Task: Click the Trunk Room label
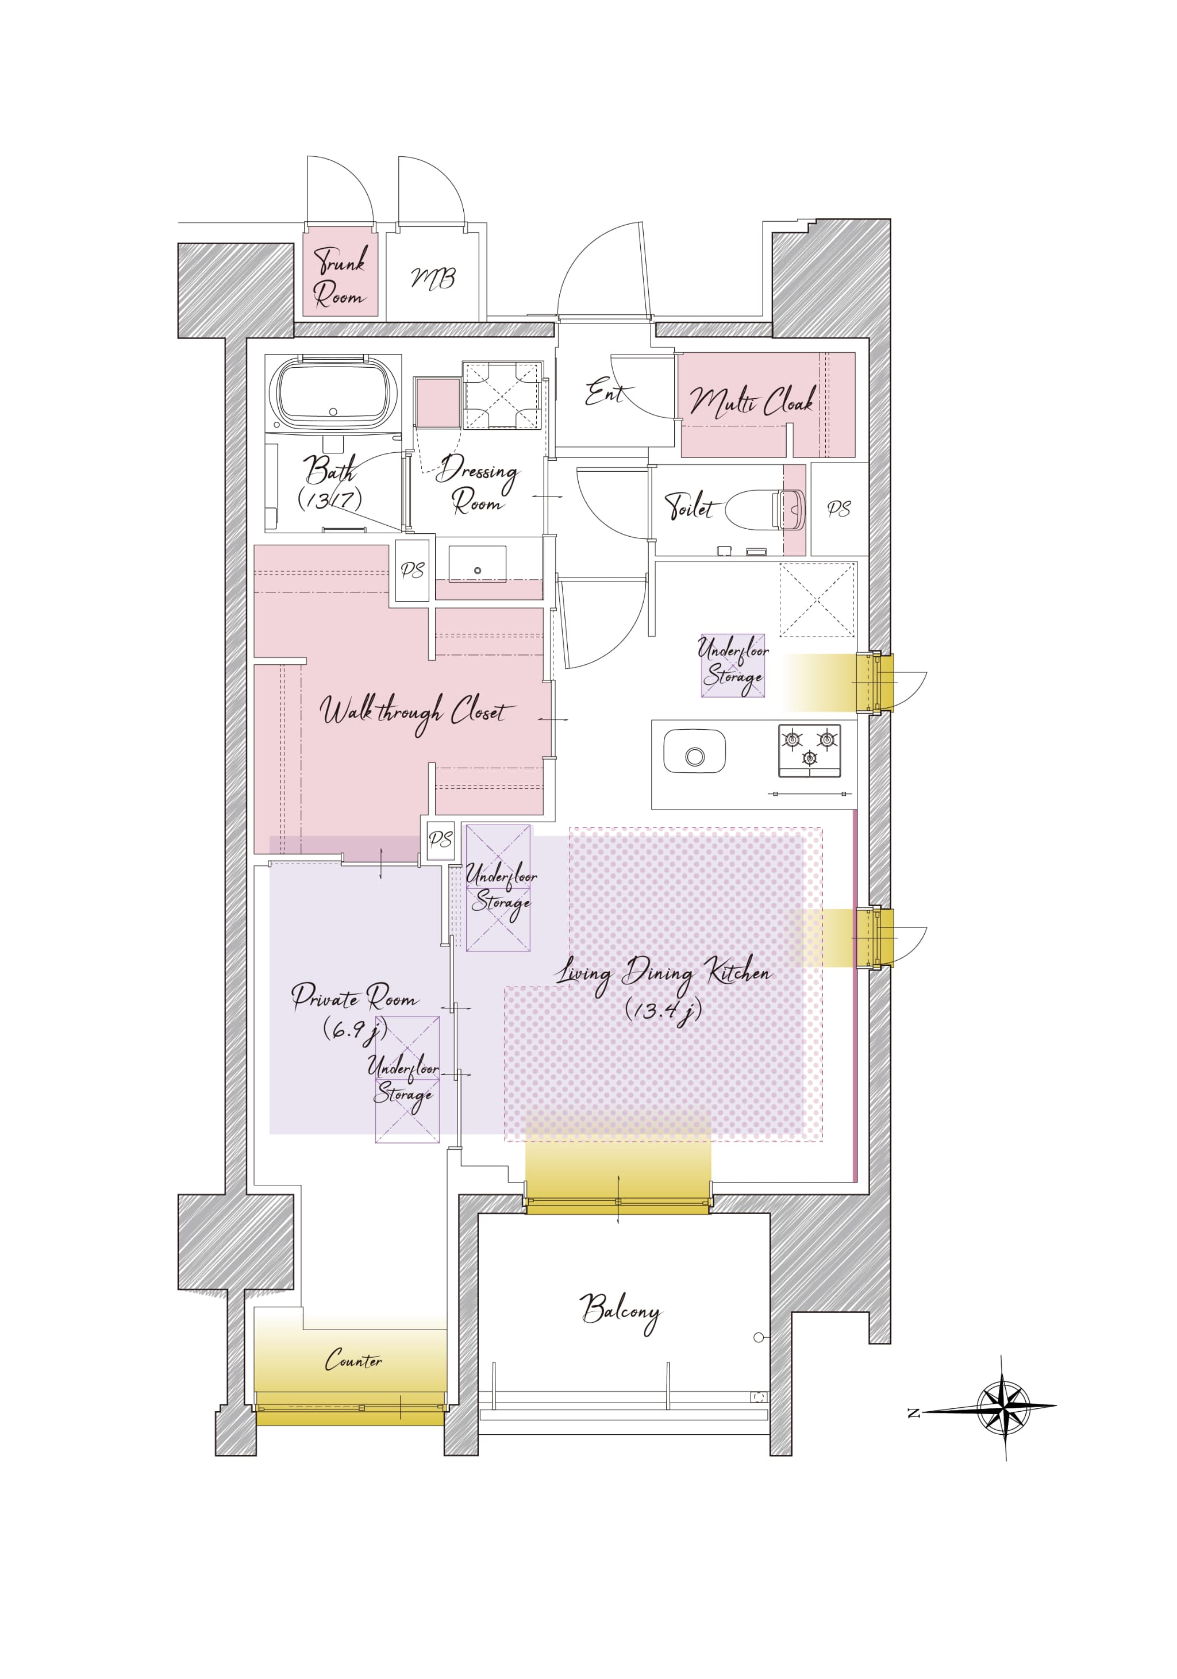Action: click(340, 276)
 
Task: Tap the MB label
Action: click(433, 278)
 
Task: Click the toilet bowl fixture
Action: click(765, 509)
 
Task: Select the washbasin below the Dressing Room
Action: click(478, 564)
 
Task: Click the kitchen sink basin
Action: click(694, 751)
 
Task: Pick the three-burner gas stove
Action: click(809, 751)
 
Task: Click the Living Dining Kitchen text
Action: click(663, 974)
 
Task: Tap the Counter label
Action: click(353, 1360)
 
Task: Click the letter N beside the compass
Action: click(914, 1413)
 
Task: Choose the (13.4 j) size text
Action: click(663, 1011)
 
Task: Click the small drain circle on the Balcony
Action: click(759, 1338)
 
